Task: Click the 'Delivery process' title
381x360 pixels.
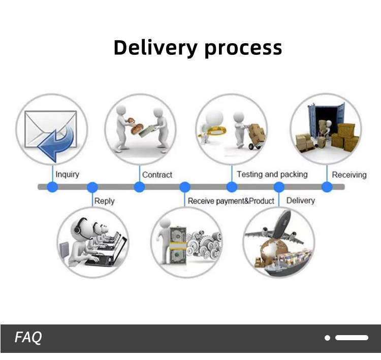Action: pyautogui.click(x=197, y=48)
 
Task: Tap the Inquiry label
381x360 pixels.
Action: pyautogui.click(x=67, y=174)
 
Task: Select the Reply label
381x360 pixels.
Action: pyautogui.click(x=104, y=201)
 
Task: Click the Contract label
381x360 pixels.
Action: pyautogui.click(x=157, y=175)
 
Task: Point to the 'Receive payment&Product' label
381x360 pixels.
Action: pyautogui.click(x=231, y=201)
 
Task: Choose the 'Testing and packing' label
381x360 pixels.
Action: pyautogui.click(x=272, y=174)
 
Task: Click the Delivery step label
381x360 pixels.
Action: pyautogui.click(x=300, y=201)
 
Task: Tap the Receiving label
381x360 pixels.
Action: pyautogui.click(x=349, y=175)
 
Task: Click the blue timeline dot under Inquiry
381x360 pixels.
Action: pyautogui.click(x=52, y=187)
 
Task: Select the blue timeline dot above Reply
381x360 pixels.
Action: pyautogui.click(x=92, y=187)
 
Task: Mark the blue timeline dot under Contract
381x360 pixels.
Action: pyautogui.click(x=139, y=187)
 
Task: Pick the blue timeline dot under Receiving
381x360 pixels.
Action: pyautogui.click(x=327, y=187)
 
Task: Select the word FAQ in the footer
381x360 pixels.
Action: pyautogui.click(x=28, y=337)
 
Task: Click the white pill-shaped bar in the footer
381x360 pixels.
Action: pyautogui.click(x=352, y=338)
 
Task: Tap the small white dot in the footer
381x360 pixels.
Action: pyautogui.click(x=328, y=338)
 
